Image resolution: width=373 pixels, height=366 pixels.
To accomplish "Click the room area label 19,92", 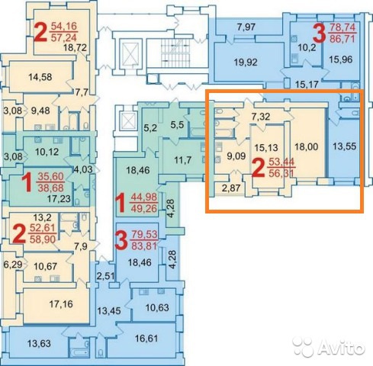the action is pos(246,63).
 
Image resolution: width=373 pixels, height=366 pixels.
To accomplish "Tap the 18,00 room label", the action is pos(306,146).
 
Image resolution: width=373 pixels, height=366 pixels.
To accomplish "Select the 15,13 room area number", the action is pos(266,148).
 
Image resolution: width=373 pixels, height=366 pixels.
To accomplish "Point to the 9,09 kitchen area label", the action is pos(236,156).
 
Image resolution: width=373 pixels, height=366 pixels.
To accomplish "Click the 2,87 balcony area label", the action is pos(231,188).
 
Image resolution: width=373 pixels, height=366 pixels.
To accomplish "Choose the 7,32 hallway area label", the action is pos(261,117).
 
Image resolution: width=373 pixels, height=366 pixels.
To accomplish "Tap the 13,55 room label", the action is pos(345,146).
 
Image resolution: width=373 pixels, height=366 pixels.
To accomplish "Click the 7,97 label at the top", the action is pos(246,27).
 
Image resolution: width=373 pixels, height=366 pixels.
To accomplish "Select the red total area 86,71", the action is pos(342,39).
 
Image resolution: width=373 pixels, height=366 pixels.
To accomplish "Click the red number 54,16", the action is pos(64,26).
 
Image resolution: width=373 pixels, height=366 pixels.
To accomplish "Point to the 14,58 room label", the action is pos(40,77).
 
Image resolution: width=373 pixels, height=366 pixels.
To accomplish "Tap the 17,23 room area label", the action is pos(59,198).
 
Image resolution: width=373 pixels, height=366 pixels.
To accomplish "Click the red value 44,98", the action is pos(144,197).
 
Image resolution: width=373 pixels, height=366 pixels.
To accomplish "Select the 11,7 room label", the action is pos(183,160).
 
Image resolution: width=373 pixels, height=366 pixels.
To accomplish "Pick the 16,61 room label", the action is pos(146,339).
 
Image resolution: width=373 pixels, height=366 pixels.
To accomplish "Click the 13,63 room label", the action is pos(39,343).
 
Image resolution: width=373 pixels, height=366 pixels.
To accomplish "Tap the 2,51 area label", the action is pos(106,276).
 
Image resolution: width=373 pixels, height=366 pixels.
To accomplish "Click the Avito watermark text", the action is pos(341,346).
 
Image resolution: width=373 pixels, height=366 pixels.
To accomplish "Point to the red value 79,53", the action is pos(144,235).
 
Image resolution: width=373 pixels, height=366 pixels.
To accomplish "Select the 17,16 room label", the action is pos(61,303).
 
